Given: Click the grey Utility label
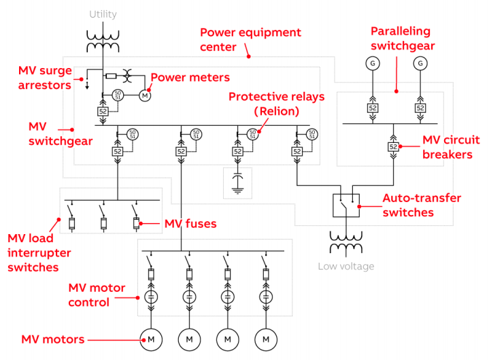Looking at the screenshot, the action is tap(103, 14).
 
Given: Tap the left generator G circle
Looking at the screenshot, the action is tap(373, 63).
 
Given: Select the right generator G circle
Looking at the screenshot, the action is tap(420, 63).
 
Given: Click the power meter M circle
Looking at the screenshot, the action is tap(145, 95).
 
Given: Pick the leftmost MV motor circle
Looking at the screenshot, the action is tap(151, 340).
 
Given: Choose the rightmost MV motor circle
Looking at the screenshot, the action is tap(266, 340).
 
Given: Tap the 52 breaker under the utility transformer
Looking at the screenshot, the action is tap(103, 112).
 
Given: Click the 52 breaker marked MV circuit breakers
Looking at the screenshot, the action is tap(393, 146).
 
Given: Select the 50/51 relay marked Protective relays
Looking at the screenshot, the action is tap(252, 135).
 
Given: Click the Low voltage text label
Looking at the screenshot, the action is tap(346, 266).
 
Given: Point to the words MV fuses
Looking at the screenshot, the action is tap(190, 224).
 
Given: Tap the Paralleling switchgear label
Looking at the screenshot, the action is tap(403, 38).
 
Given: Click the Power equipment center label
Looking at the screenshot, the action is tap(250, 39).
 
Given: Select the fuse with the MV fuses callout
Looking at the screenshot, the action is tap(136, 223).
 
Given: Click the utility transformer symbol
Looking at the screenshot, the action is tap(103, 42).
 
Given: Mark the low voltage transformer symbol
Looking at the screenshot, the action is tap(346, 242).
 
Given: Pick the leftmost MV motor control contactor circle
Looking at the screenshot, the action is tap(151, 297).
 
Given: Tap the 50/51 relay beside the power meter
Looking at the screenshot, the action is tap(118, 95).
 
